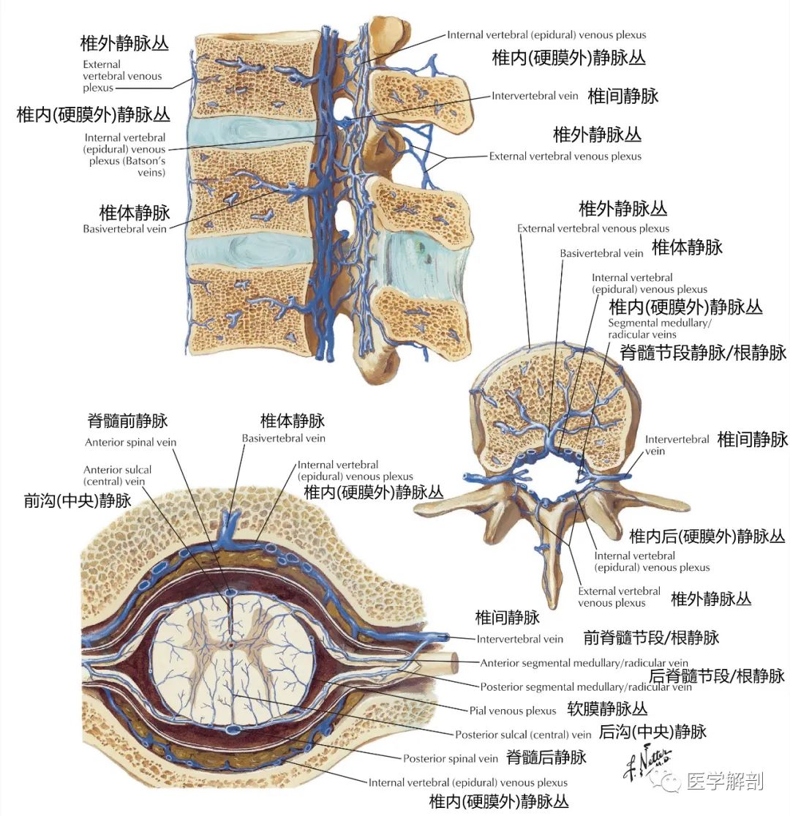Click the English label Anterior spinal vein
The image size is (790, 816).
pyautogui.click(x=130, y=442)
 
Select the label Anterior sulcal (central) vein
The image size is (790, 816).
pyautogui.click(x=118, y=476)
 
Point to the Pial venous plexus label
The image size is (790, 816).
pyautogui.click(x=513, y=711)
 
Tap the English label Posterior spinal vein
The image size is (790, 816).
pyautogui.click(x=451, y=758)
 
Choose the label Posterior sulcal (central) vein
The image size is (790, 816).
pyautogui.click(x=522, y=734)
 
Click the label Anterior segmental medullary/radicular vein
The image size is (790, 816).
pyautogui.click(x=585, y=663)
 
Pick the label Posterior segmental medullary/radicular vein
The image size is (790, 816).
pyautogui.click(x=585, y=687)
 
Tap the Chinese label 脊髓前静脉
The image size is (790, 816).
pyautogui.click(x=127, y=422)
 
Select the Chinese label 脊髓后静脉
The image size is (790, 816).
pyautogui.click(x=546, y=757)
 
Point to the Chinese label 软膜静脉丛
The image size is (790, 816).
pyautogui.click(x=607, y=709)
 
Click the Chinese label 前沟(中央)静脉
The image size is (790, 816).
pyautogui.click(x=78, y=501)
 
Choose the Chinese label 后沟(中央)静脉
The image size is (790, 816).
pyautogui.click(x=652, y=732)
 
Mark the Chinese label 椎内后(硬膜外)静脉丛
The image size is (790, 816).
pyautogui.click(x=707, y=536)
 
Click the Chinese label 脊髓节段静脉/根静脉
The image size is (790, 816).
pyautogui.click(x=703, y=353)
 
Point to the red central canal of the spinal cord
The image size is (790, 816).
pyautogui.click(x=231, y=646)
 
